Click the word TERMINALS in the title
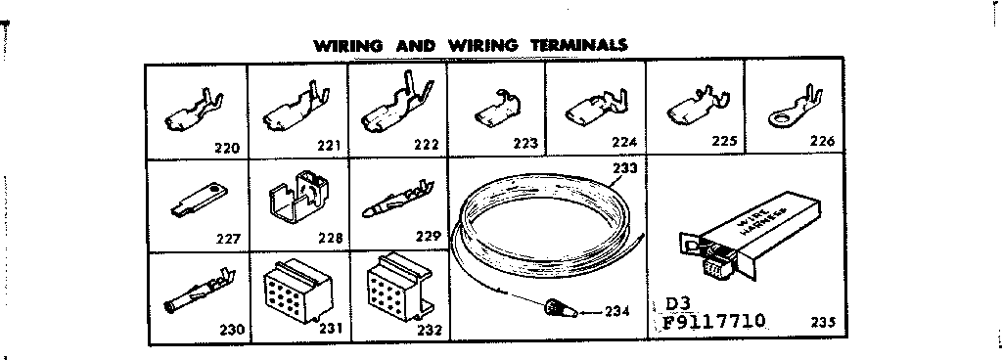click(x=577, y=45)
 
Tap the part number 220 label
click(x=227, y=148)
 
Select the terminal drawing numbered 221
click(x=290, y=110)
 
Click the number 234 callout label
click(x=616, y=312)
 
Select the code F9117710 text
click(x=714, y=322)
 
